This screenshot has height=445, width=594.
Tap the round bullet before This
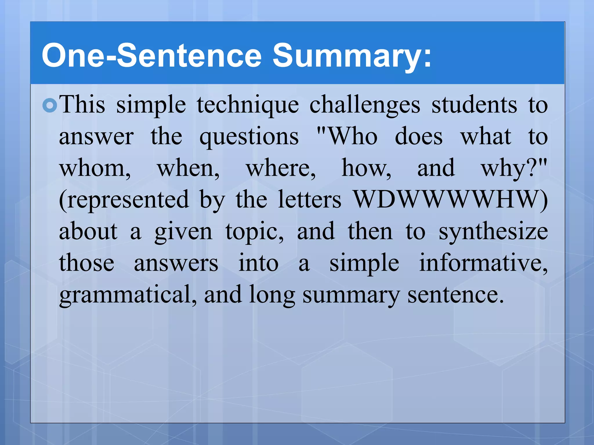(50, 106)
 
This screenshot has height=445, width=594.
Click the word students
(474, 105)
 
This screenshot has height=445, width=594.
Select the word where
(280, 169)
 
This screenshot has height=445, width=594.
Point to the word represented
(124, 200)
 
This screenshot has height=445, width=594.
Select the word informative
(483, 263)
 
